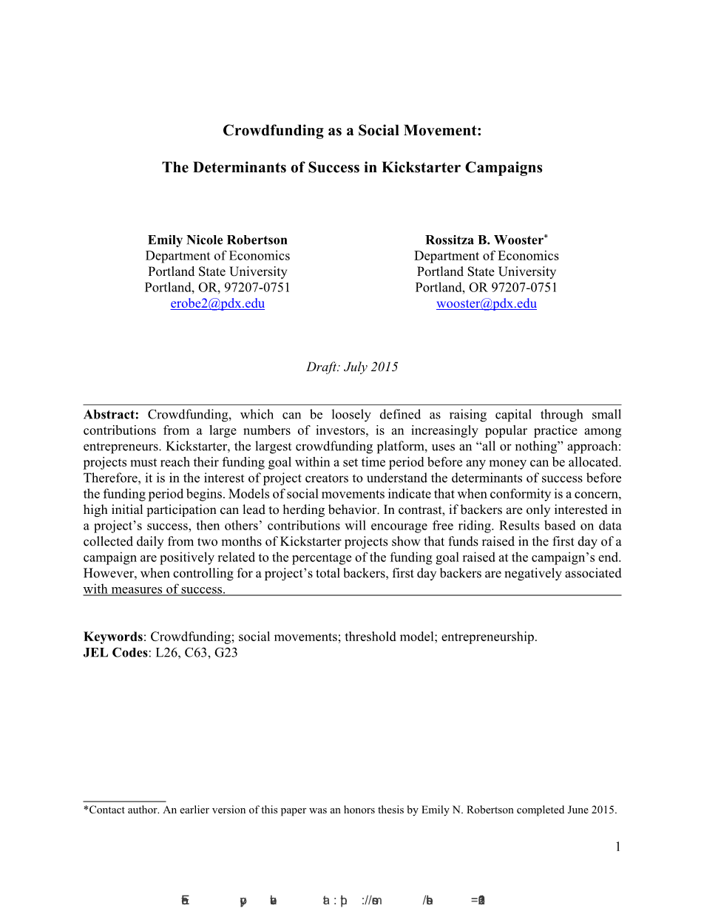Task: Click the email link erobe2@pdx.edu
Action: click(217, 304)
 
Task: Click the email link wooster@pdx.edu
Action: click(487, 304)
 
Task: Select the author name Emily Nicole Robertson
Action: click(217, 240)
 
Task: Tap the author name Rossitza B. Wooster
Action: click(484, 240)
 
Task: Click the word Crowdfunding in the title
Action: click(272, 131)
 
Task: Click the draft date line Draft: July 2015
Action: click(352, 368)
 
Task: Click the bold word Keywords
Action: click(112, 637)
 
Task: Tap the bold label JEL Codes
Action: click(115, 653)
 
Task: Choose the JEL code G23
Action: click(226, 653)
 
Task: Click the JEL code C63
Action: click(196, 653)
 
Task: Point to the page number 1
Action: click(617, 847)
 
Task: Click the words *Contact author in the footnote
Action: click(121, 810)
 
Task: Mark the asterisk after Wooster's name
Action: click(546, 237)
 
